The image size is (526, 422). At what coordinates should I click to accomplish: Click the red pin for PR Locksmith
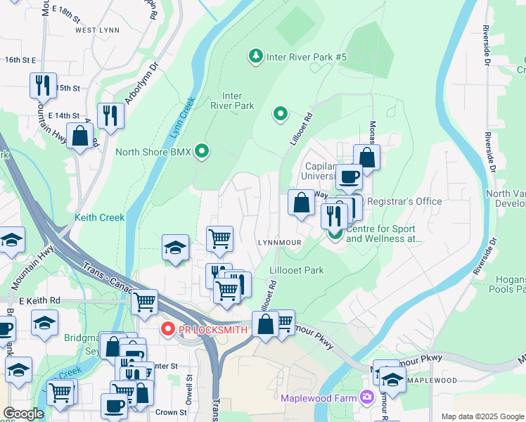[x=167, y=328]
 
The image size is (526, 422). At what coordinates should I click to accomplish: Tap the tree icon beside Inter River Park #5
[x=255, y=55]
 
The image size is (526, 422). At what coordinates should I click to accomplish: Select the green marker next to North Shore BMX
[x=203, y=151]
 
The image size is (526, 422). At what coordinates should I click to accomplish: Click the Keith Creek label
[x=100, y=218]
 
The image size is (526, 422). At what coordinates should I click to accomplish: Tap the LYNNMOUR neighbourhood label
[x=279, y=242]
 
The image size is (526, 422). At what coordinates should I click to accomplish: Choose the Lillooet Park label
[x=297, y=270]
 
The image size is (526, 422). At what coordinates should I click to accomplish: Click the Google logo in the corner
[x=23, y=414]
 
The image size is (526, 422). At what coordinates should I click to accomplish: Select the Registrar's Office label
[x=404, y=202]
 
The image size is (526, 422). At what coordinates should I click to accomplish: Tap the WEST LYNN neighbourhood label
[x=95, y=30]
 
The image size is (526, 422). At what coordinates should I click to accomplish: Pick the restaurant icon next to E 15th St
[x=43, y=85]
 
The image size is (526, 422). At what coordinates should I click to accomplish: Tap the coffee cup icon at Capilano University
[x=349, y=177]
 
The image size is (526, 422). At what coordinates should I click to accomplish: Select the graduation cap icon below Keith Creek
[x=175, y=248]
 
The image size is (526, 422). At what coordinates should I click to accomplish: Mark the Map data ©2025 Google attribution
[x=482, y=416]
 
